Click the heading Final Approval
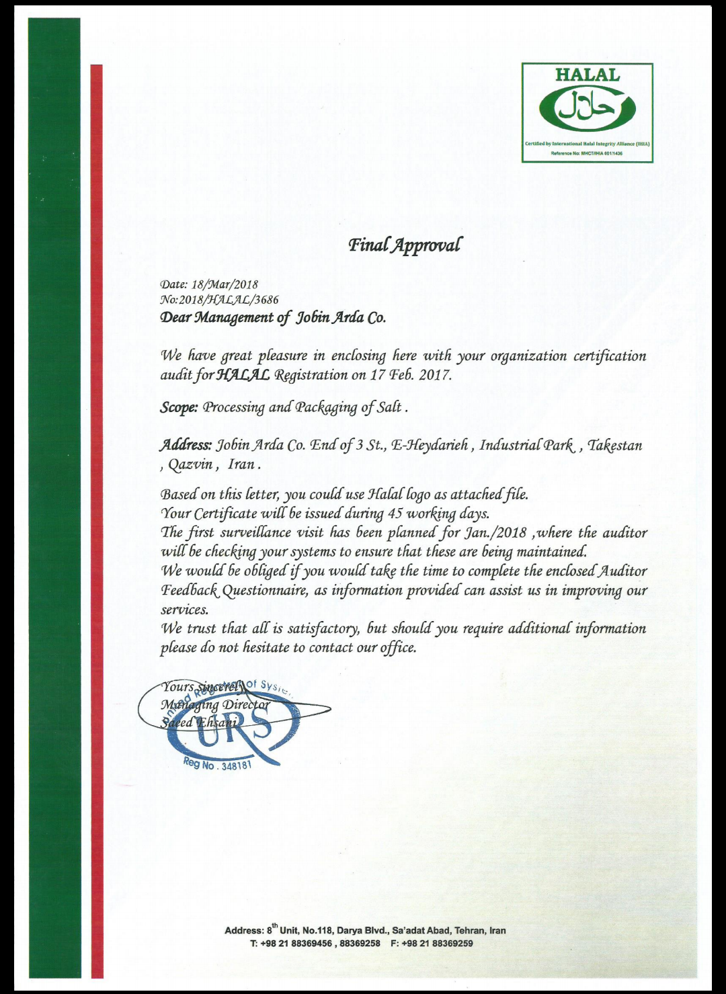coord(404,245)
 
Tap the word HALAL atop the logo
coord(587,75)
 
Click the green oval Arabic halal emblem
coord(587,109)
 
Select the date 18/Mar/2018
coord(225,284)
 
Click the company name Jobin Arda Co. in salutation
coord(341,317)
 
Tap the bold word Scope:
coord(179,407)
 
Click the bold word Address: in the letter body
coord(186,445)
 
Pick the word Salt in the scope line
coord(389,407)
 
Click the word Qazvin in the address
coord(191,464)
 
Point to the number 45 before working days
coord(395,514)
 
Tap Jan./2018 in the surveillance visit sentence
coord(495,533)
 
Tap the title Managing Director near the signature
coord(214,705)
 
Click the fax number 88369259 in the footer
coord(452,943)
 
